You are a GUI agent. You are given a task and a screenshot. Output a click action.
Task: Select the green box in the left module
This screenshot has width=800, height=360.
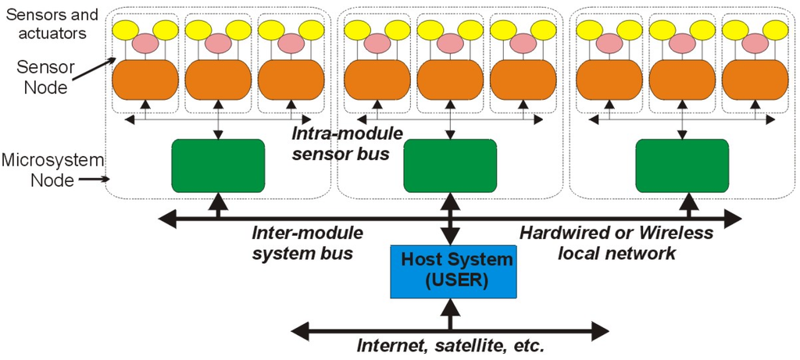point(217,165)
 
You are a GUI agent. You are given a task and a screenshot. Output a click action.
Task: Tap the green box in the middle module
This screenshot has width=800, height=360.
point(449,165)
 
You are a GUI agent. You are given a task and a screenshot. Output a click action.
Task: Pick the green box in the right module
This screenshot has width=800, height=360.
point(681,165)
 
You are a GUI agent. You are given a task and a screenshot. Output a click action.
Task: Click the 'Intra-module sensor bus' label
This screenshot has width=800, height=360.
point(347,143)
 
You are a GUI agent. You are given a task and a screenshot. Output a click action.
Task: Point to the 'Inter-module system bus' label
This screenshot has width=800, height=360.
point(307,243)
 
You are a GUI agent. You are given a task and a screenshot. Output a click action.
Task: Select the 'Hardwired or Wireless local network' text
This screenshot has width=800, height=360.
point(616,243)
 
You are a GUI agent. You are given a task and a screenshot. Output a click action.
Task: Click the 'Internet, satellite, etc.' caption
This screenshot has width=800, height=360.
point(450,345)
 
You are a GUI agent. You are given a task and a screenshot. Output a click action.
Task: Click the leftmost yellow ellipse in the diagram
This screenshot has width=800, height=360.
point(125,30)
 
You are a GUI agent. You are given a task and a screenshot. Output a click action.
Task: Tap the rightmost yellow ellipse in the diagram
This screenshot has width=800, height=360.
point(775,30)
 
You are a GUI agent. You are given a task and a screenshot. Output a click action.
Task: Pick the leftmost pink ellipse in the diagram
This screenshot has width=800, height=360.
point(145,44)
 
